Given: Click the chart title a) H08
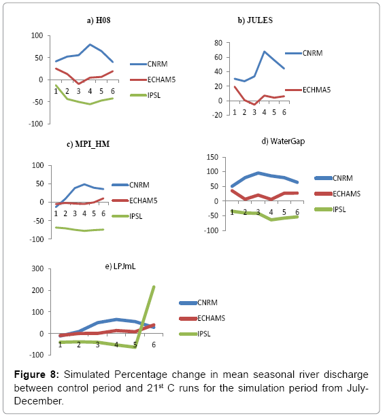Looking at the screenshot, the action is click(x=99, y=20).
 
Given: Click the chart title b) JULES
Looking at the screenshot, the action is click(x=255, y=20).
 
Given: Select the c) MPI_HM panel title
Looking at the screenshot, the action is click(x=88, y=144).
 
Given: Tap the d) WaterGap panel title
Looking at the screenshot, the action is click(x=283, y=141).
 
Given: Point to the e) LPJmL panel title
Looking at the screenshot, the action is click(x=120, y=266).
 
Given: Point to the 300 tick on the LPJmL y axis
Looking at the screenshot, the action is click(x=37, y=268).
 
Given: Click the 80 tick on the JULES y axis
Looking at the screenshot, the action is click(x=218, y=43).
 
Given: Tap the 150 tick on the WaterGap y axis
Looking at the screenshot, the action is click(x=212, y=157).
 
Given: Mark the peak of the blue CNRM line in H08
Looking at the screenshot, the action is click(x=90, y=45).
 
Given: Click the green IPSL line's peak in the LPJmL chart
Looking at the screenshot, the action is click(x=154, y=287).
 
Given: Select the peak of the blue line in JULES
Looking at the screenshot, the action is click(x=265, y=52).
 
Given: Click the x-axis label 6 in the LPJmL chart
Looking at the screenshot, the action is click(x=154, y=345).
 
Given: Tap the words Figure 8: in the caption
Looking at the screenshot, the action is click(x=37, y=375).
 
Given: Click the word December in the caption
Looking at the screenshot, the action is click(x=39, y=401).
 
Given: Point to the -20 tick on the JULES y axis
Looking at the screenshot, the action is click(x=217, y=115).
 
